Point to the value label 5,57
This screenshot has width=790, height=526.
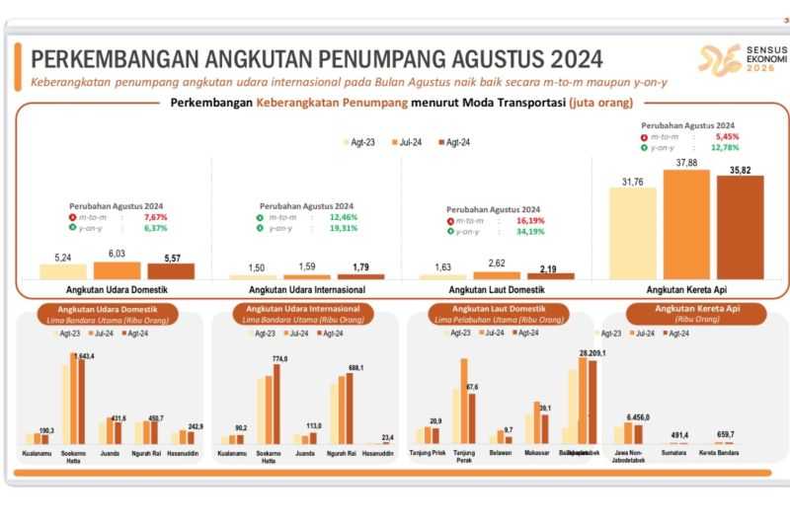(x=171, y=256)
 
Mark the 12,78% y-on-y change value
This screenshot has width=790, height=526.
(x=724, y=148)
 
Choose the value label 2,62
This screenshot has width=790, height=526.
(x=496, y=263)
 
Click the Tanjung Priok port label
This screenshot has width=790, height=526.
(x=428, y=455)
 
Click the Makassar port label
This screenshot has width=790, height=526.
(x=536, y=455)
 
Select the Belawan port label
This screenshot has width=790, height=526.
(x=501, y=455)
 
